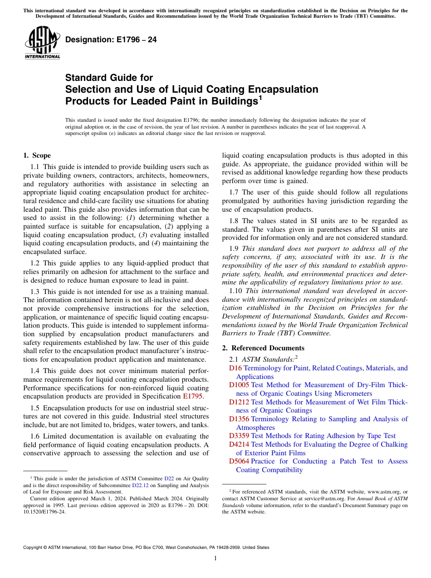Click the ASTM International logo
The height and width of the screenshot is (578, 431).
(x=42, y=43)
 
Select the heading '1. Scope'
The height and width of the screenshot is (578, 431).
(x=37, y=155)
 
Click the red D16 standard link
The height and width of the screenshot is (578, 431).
(x=235, y=368)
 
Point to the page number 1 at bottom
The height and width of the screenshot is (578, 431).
(x=215, y=558)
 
